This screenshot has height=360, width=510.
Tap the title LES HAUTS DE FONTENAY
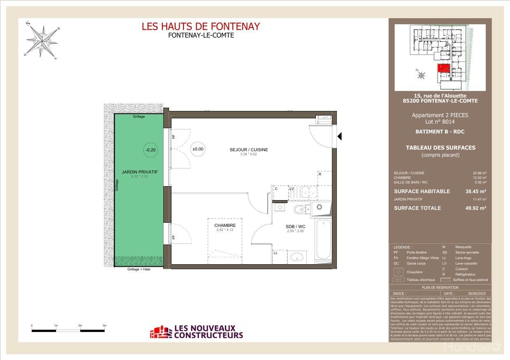pos(201,26)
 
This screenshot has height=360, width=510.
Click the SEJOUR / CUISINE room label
pos(248,150)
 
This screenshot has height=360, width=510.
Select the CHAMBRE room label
pos(225,225)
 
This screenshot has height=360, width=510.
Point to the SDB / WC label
pos(295,226)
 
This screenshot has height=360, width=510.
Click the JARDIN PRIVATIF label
pos(139,172)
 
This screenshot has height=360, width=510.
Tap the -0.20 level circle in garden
pos(150,150)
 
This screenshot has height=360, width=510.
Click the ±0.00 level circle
pos(198,149)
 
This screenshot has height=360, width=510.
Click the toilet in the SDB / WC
pos(301,210)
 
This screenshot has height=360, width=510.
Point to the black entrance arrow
pos(339,136)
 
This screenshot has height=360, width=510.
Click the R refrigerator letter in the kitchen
pos(320,174)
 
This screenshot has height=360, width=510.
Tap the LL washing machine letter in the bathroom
pos(275,252)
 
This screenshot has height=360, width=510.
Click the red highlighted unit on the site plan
pos(443,68)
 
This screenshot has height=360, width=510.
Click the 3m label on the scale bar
pos(104,325)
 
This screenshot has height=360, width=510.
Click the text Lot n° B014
pos(440,122)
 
